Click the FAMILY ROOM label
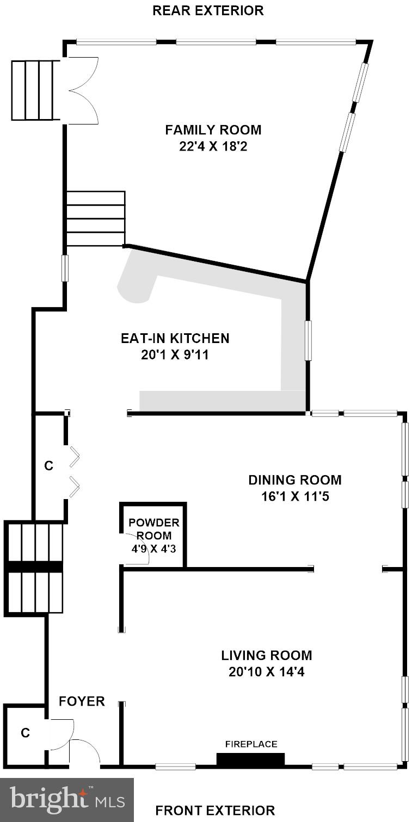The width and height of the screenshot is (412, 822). (213, 130)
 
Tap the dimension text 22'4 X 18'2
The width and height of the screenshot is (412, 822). (213, 146)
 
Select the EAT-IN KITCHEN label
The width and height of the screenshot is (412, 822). (175, 338)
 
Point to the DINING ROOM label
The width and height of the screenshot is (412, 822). (295, 480)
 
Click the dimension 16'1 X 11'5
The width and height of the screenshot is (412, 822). (295, 496)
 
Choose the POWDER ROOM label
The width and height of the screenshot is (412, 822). (153, 529)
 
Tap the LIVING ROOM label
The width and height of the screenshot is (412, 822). (266, 655)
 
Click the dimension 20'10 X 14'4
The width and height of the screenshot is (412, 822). (266, 672)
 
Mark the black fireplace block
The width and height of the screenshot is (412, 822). (250, 759)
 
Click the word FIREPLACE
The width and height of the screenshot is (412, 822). (251, 744)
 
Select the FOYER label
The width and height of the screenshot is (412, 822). (82, 701)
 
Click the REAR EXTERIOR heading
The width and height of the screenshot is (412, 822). (208, 10)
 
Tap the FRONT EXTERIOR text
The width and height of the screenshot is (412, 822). (215, 811)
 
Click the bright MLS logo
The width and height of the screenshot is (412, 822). (66, 800)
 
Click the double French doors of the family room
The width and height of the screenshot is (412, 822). (81, 91)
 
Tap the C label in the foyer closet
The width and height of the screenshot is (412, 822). (25, 733)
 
